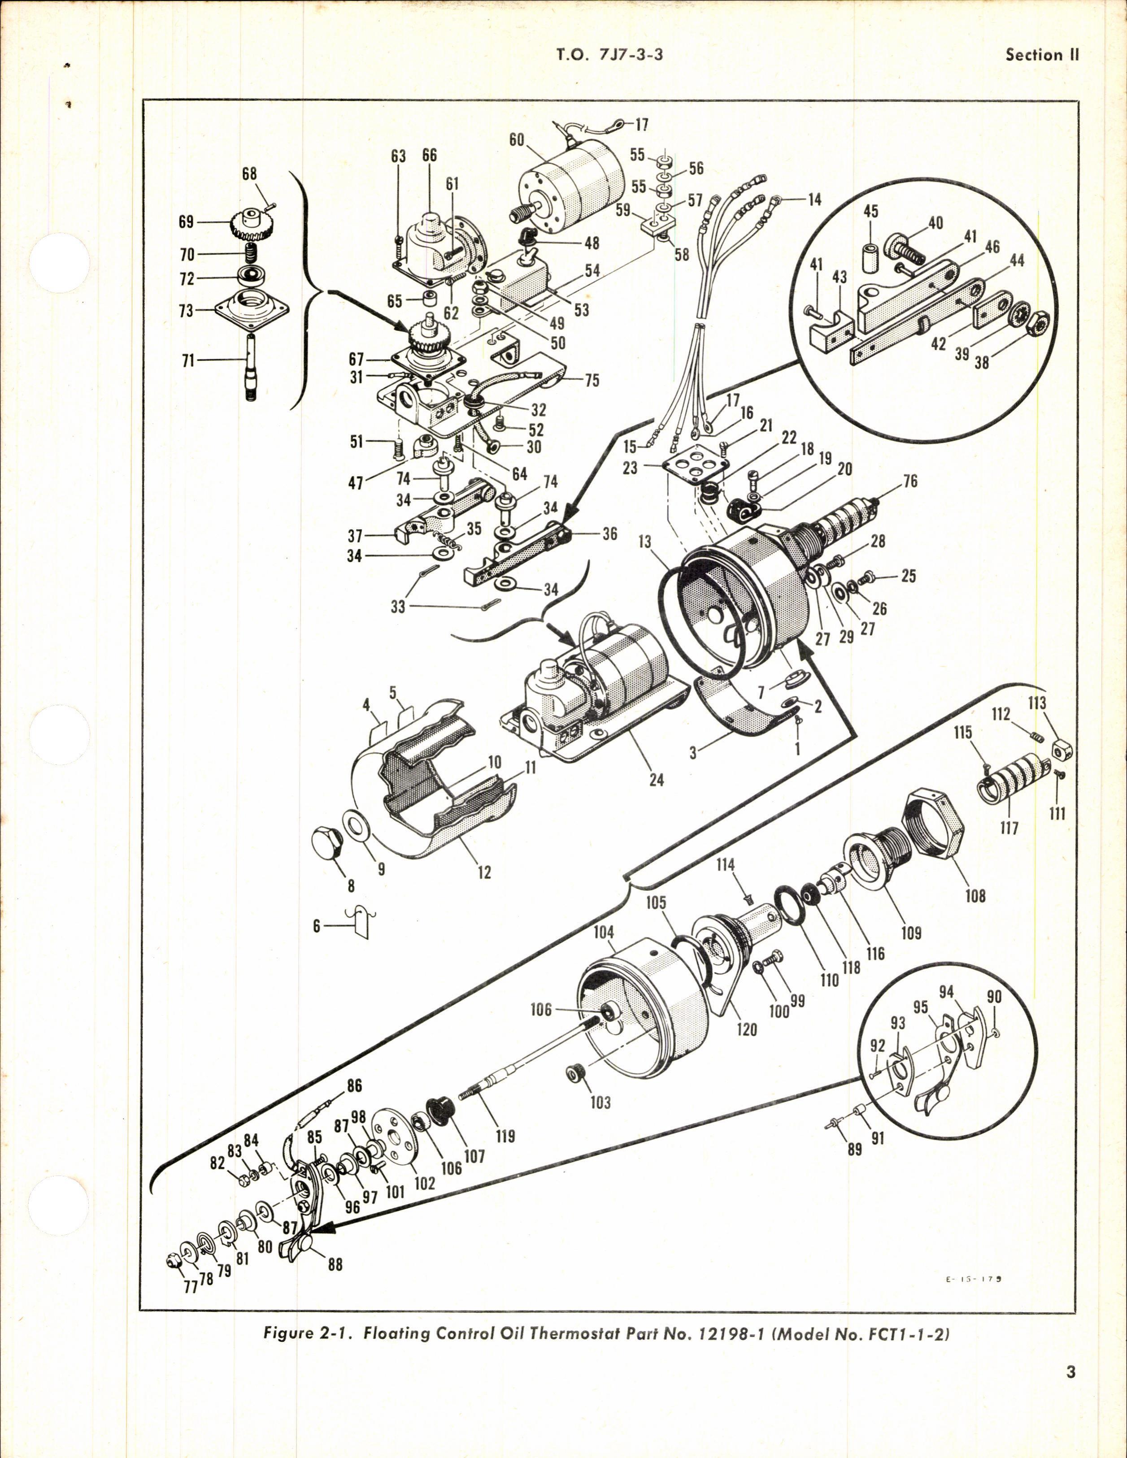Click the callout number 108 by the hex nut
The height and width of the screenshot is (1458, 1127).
(975, 895)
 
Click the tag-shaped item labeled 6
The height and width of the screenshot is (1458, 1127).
(361, 924)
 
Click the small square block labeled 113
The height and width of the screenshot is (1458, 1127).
(1062, 751)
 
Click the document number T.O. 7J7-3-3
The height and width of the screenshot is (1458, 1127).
(609, 56)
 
